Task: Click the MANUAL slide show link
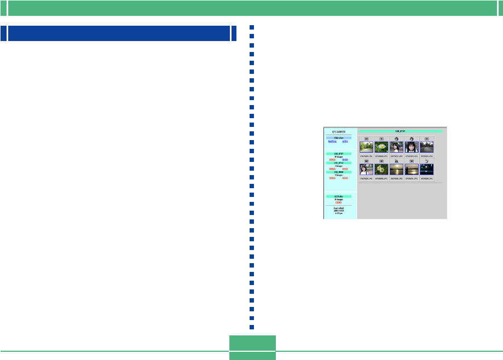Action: coord(332,141)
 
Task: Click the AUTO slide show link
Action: coord(345,141)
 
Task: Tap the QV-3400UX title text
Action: coord(339,132)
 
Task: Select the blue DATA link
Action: coord(345,159)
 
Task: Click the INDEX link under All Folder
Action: coord(339,202)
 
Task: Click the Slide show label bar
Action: coord(339,137)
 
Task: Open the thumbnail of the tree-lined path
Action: coord(366,147)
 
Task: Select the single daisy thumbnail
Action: coord(381,147)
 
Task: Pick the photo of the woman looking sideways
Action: coord(396,147)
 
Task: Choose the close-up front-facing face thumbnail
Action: coord(412,147)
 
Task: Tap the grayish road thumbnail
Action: coord(427,147)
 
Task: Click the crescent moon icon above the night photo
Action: coord(427,161)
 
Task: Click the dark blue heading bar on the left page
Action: coord(119,33)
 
